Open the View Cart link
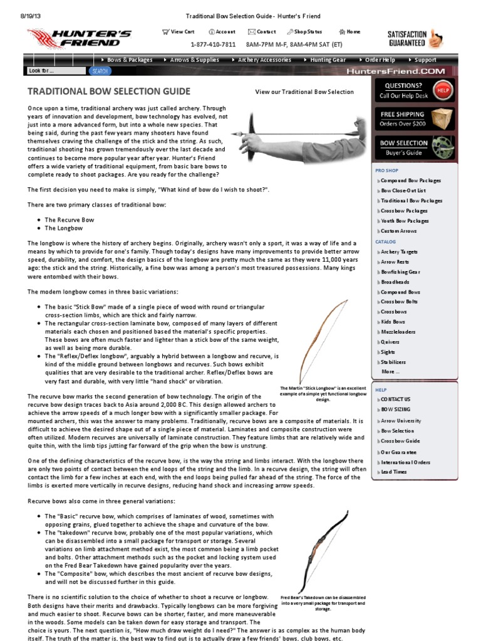tap(178, 32)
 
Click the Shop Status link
tap(305, 32)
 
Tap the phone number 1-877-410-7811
tap(213, 44)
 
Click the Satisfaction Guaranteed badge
tap(415, 39)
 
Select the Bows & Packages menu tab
tap(129, 60)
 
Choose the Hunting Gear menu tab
tap(327, 60)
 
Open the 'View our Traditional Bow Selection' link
tap(304, 92)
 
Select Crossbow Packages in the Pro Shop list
tap(404, 211)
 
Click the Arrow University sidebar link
tap(401, 421)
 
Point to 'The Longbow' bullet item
tap(64, 228)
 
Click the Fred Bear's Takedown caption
tap(323, 603)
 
